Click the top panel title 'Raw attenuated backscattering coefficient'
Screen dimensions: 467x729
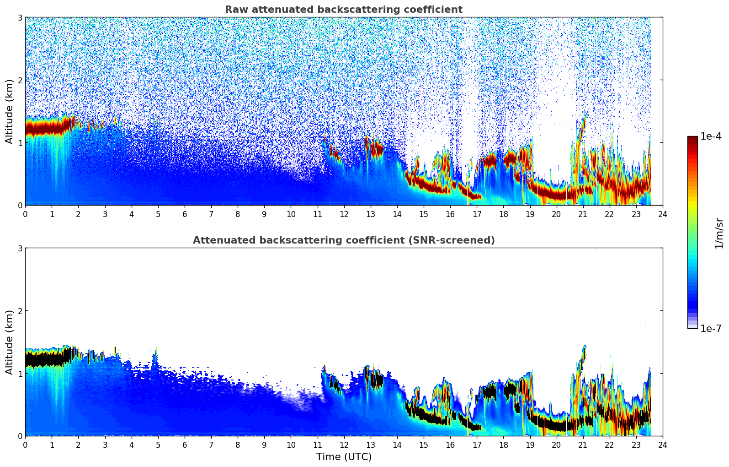pyautogui.click(x=343, y=10)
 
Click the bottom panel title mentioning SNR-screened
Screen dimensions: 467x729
pyautogui.click(x=343, y=240)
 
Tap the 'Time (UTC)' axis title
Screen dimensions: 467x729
pyautogui.click(x=344, y=457)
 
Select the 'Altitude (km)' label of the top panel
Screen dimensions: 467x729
pyautogui.click(x=9, y=111)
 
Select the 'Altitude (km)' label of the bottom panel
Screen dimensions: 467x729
pyautogui.click(x=9, y=342)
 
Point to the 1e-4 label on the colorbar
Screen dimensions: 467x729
pyautogui.click(x=711, y=136)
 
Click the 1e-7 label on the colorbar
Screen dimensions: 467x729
pyautogui.click(x=711, y=328)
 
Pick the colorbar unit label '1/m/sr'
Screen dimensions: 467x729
pyautogui.click(x=719, y=233)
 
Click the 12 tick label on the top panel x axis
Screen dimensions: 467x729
pyautogui.click(x=344, y=214)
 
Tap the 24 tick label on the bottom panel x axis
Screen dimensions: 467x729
pyautogui.click(x=662, y=445)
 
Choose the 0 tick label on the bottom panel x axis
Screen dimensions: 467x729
pyautogui.click(x=25, y=445)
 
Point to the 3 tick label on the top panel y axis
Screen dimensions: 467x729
pyautogui.click(x=20, y=17)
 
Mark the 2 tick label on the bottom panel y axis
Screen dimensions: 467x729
pyautogui.click(x=20, y=311)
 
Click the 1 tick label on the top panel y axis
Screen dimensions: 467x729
pyautogui.click(x=20, y=143)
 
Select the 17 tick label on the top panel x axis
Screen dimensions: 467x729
pyautogui.click(x=477, y=214)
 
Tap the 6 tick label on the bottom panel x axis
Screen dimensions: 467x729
pyautogui.click(x=185, y=445)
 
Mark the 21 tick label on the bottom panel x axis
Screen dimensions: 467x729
pyautogui.click(x=583, y=445)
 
